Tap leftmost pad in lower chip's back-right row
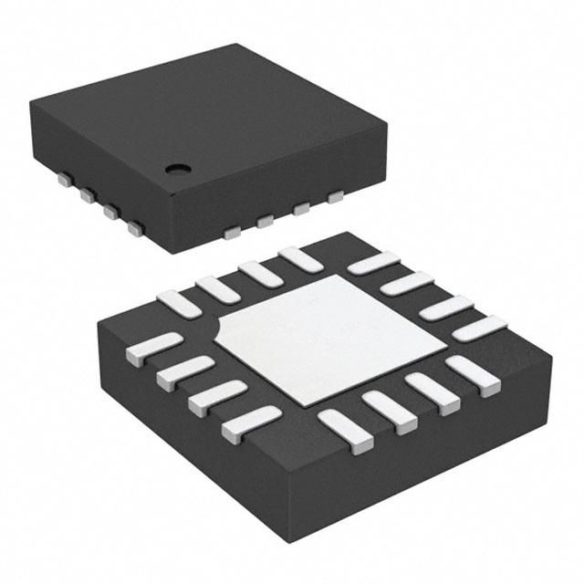coord(372,263)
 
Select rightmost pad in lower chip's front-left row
coord(251,421)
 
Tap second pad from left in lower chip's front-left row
coord(186,371)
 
